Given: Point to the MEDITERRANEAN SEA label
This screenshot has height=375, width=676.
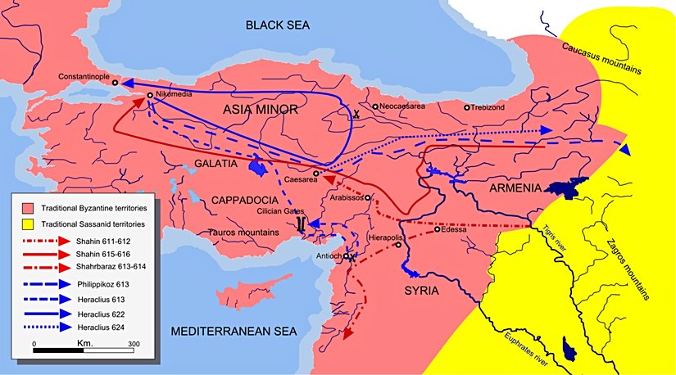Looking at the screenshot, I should pyautogui.click(x=232, y=332).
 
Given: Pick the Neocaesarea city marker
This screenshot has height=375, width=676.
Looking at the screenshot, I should pyautogui.click(x=375, y=106).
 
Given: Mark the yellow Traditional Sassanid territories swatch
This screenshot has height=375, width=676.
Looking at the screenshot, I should pyautogui.click(x=28, y=223).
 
